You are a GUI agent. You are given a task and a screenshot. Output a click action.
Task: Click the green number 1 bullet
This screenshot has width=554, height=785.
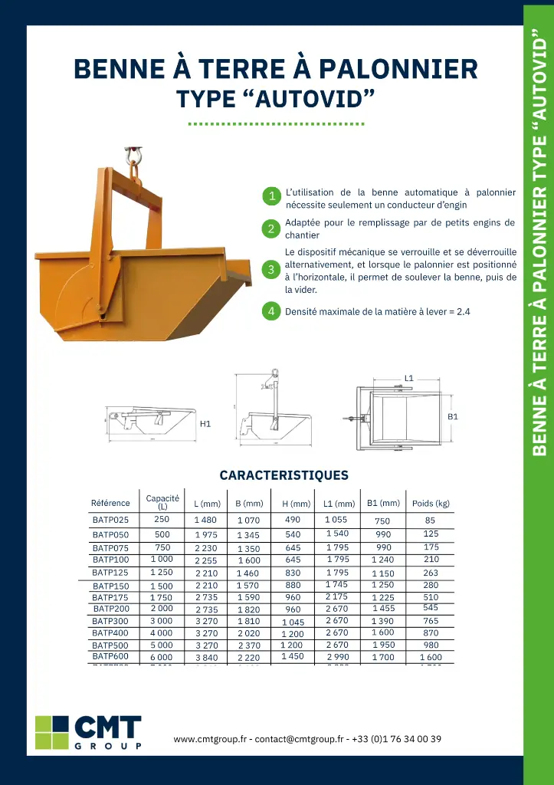point(271,196)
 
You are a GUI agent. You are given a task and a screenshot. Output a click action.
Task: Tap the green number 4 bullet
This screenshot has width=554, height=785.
point(271,311)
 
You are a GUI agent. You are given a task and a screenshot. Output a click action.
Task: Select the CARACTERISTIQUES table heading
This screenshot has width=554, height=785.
point(284,475)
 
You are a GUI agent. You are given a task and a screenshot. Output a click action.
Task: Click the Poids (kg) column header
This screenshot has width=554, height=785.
point(431,504)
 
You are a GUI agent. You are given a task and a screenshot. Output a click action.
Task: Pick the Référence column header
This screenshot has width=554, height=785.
point(110,504)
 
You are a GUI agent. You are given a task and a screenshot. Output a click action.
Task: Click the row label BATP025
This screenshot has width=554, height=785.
point(110,521)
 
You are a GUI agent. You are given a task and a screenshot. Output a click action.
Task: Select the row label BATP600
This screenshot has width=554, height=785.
point(110,657)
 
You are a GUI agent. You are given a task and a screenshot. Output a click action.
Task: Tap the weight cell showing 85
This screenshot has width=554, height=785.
point(431,521)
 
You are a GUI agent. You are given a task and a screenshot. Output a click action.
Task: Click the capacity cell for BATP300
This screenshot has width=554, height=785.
point(161,621)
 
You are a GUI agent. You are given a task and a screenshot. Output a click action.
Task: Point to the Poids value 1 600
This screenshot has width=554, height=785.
point(431,658)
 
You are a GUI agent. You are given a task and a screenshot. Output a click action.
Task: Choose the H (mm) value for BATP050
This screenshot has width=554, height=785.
point(293,534)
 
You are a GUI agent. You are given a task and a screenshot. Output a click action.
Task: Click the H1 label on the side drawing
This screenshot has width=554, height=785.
point(205,423)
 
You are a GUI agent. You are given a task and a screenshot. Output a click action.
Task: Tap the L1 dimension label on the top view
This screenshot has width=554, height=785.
point(409,378)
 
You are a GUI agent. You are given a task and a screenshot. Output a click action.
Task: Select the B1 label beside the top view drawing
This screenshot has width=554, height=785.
point(453,416)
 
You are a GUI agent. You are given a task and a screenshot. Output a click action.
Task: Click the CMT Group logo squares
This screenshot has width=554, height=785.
point(52,732)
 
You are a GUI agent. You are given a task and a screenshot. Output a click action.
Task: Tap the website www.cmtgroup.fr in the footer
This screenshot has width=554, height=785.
point(210,740)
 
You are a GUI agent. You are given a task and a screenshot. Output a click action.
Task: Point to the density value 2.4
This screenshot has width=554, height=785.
point(463,312)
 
